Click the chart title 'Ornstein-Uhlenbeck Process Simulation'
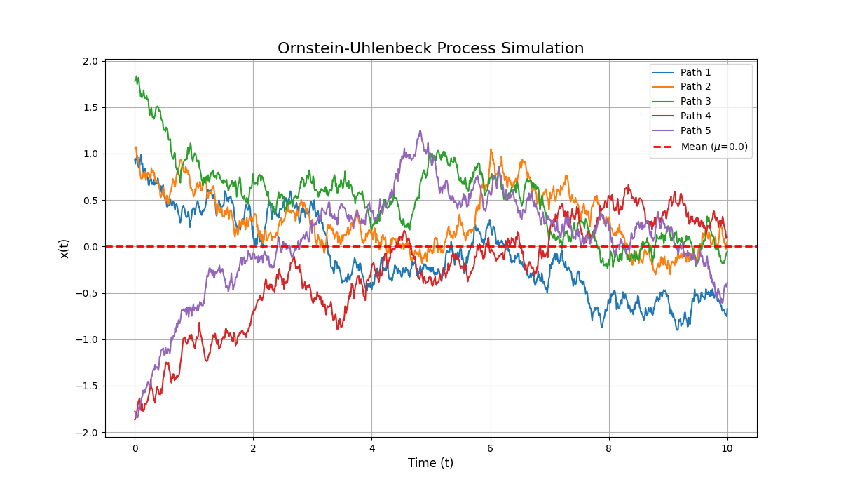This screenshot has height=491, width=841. tap(430, 48)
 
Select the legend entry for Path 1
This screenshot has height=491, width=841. tap(695, 72)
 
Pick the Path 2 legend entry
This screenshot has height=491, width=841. tap(695, 87)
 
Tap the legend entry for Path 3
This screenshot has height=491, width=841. tap(695, 101)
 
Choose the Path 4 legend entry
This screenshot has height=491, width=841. tap(695, 116)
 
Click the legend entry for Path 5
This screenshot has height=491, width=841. tap(695, 130)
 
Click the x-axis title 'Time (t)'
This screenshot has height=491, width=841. tap(430, 463)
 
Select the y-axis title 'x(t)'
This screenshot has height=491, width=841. tap(64, 248)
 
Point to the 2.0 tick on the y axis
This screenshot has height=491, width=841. tap(90, 61)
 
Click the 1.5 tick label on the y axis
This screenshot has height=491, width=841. tap(90, 107)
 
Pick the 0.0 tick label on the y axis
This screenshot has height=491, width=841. tap(90, 247)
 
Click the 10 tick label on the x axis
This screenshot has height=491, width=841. tap(727, 448)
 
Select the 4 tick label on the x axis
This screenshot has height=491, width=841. tap(372, 448)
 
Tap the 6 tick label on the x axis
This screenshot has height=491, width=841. tap(491, 448)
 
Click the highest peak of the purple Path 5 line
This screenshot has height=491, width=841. tap(420, 130)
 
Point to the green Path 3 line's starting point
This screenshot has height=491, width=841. tap(135, 81)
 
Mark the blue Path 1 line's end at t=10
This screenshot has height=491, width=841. tap(727, 309)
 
